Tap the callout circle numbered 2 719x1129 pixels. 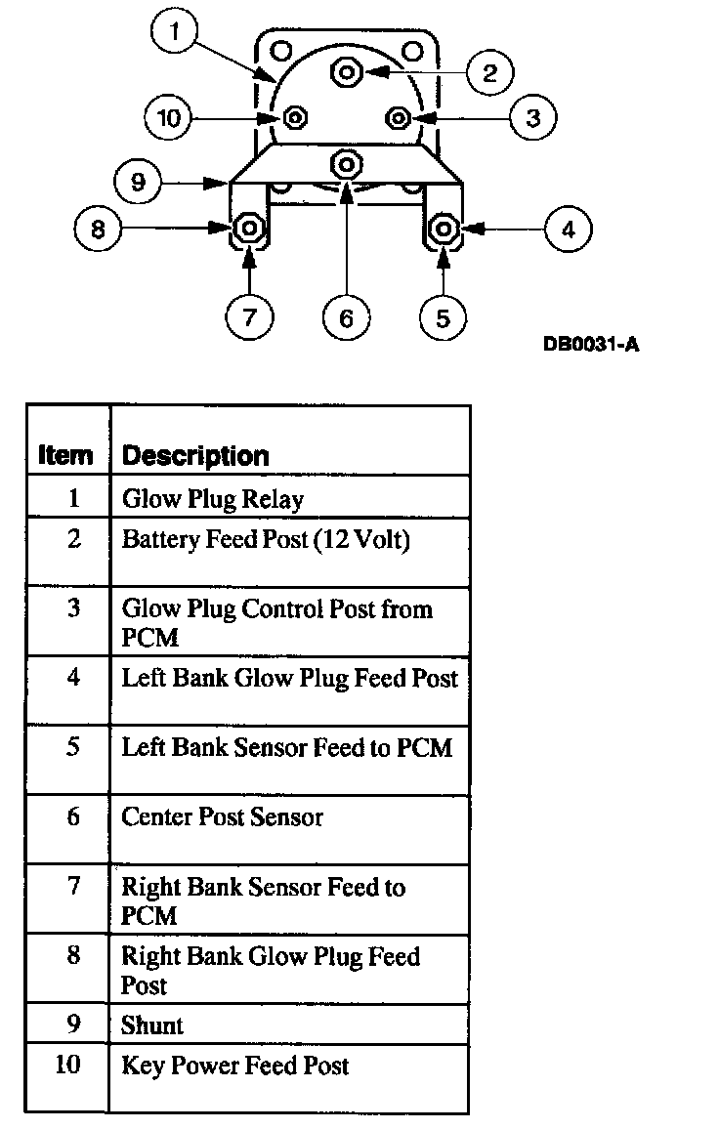(x=490, y=71)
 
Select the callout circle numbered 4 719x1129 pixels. (x=568, y=230)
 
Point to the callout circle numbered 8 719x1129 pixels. (x=98, y=230)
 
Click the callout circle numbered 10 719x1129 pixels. (x=169, y=119)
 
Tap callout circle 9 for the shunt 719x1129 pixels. (x=138, y=182)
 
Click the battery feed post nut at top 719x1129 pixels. (x=347, y=71)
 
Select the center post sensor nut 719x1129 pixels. (x=348, y=161)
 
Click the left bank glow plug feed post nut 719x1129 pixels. (x=445, y=230)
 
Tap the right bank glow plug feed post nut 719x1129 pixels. (x=248, y=230)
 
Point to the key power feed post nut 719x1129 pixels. (x=294, y=118)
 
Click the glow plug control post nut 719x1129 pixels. (x=398, y=118)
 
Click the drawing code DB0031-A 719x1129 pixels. (x=591, y=344)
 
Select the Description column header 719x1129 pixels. (x=194, y=456)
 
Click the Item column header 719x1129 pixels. (x=66, y=456)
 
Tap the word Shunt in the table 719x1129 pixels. (x=152, y=1025)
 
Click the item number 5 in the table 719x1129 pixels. (x=73, y=747)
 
